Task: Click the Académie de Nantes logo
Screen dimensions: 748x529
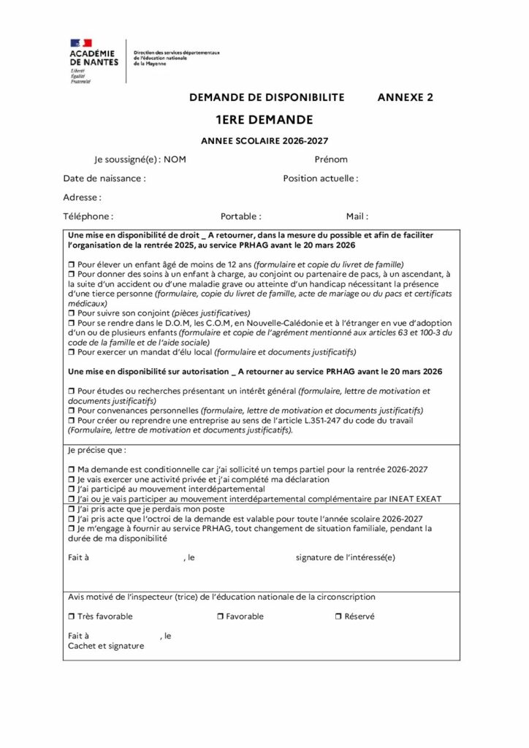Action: point(94,61)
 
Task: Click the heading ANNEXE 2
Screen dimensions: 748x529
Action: point(405,97)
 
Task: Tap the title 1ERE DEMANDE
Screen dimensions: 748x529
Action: point(264,120)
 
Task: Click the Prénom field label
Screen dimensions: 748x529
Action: point(331,159)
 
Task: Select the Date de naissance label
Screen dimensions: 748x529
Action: point(104,178)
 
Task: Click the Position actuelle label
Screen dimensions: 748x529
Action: point(321,178)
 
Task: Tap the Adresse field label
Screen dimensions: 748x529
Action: point(82,197)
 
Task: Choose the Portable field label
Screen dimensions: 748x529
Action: point(241,216)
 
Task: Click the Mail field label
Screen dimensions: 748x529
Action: point(357,216)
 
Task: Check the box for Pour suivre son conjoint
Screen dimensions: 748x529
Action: point(72,313)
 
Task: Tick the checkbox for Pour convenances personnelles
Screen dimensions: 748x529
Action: point(72,411)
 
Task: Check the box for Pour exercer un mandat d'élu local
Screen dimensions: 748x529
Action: point(72,352)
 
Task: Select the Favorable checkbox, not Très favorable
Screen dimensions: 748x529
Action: point(220,617)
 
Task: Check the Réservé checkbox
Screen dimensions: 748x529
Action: point(338,617)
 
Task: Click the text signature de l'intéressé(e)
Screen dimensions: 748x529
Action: point(346,557)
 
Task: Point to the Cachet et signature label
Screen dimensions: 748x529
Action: point(106,646)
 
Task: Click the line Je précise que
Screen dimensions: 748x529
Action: point(96,450)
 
